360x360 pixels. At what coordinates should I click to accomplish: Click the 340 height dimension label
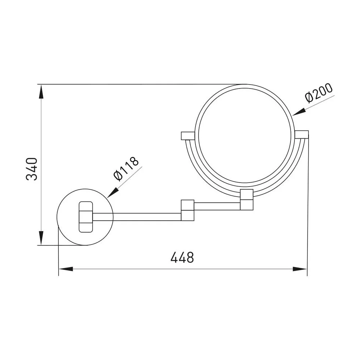[x=32, y=169]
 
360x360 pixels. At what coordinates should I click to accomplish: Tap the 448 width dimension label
[x=182, y=257]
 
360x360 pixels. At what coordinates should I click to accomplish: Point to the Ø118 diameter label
[x=126, y=169]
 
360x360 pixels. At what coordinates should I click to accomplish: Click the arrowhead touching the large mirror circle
[x=299, y=112]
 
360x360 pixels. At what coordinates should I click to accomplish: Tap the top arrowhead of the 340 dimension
[x=41, y=92]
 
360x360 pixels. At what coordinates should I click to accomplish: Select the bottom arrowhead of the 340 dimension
[x=41, y=238]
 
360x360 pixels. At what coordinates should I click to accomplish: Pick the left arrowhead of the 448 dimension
[x=66, y=269]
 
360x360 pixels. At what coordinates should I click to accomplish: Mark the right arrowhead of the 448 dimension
[x=300, y=269]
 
